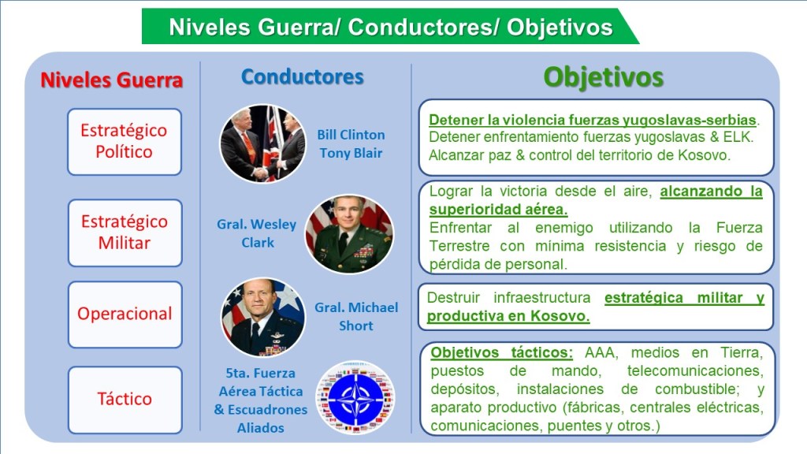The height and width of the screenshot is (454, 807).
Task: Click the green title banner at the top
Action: pos(390,26)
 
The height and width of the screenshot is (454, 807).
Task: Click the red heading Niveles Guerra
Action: pos(112,80)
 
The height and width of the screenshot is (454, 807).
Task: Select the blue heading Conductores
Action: pos(303,76)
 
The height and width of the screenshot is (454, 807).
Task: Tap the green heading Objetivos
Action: pos(603,78)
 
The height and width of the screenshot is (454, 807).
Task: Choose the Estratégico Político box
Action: pos(124,142)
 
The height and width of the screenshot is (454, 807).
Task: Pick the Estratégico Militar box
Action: pos(125,233)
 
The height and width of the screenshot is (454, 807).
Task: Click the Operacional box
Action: pos(125,314)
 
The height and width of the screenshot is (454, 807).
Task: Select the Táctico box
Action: pos(125,400)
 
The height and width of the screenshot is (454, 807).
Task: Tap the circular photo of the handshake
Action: pos(263,143)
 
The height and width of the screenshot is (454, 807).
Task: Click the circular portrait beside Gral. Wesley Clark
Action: pos(349,233)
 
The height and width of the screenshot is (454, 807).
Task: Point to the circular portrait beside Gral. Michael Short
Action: pos(263,317)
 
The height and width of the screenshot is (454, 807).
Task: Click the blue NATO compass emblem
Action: pos(355,398)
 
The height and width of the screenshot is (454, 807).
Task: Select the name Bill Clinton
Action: pos(351,135)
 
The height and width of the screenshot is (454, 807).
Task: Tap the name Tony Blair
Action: pos(351,153)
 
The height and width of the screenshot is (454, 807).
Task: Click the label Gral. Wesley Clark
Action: pos(257,233)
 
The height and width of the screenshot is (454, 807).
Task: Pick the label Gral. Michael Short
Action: pos(356,316)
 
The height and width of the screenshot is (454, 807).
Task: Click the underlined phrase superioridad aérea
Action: pos(498,210)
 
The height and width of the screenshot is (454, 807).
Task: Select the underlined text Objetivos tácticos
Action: pos(501,352)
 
